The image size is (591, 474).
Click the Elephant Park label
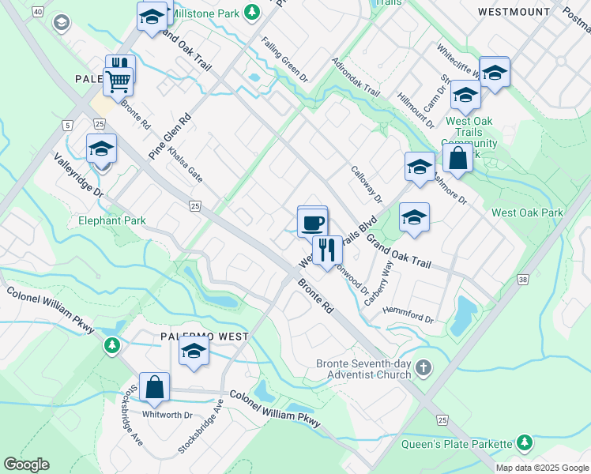pos(111,220)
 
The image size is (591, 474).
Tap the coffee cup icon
pos(312,222)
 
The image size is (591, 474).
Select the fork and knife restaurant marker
pos(327,250)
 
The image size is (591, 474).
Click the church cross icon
pos(424,367)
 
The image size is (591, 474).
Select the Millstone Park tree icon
pos(251,12)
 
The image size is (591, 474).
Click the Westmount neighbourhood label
pos(514,12)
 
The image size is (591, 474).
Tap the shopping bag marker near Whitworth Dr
pos(155,387)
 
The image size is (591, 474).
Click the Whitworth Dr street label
pos(168,415)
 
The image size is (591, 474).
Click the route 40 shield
pos(36,13)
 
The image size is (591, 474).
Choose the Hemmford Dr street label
pos(408,314)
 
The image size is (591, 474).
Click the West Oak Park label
pos(527,213)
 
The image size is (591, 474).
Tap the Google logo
pos(26,465)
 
